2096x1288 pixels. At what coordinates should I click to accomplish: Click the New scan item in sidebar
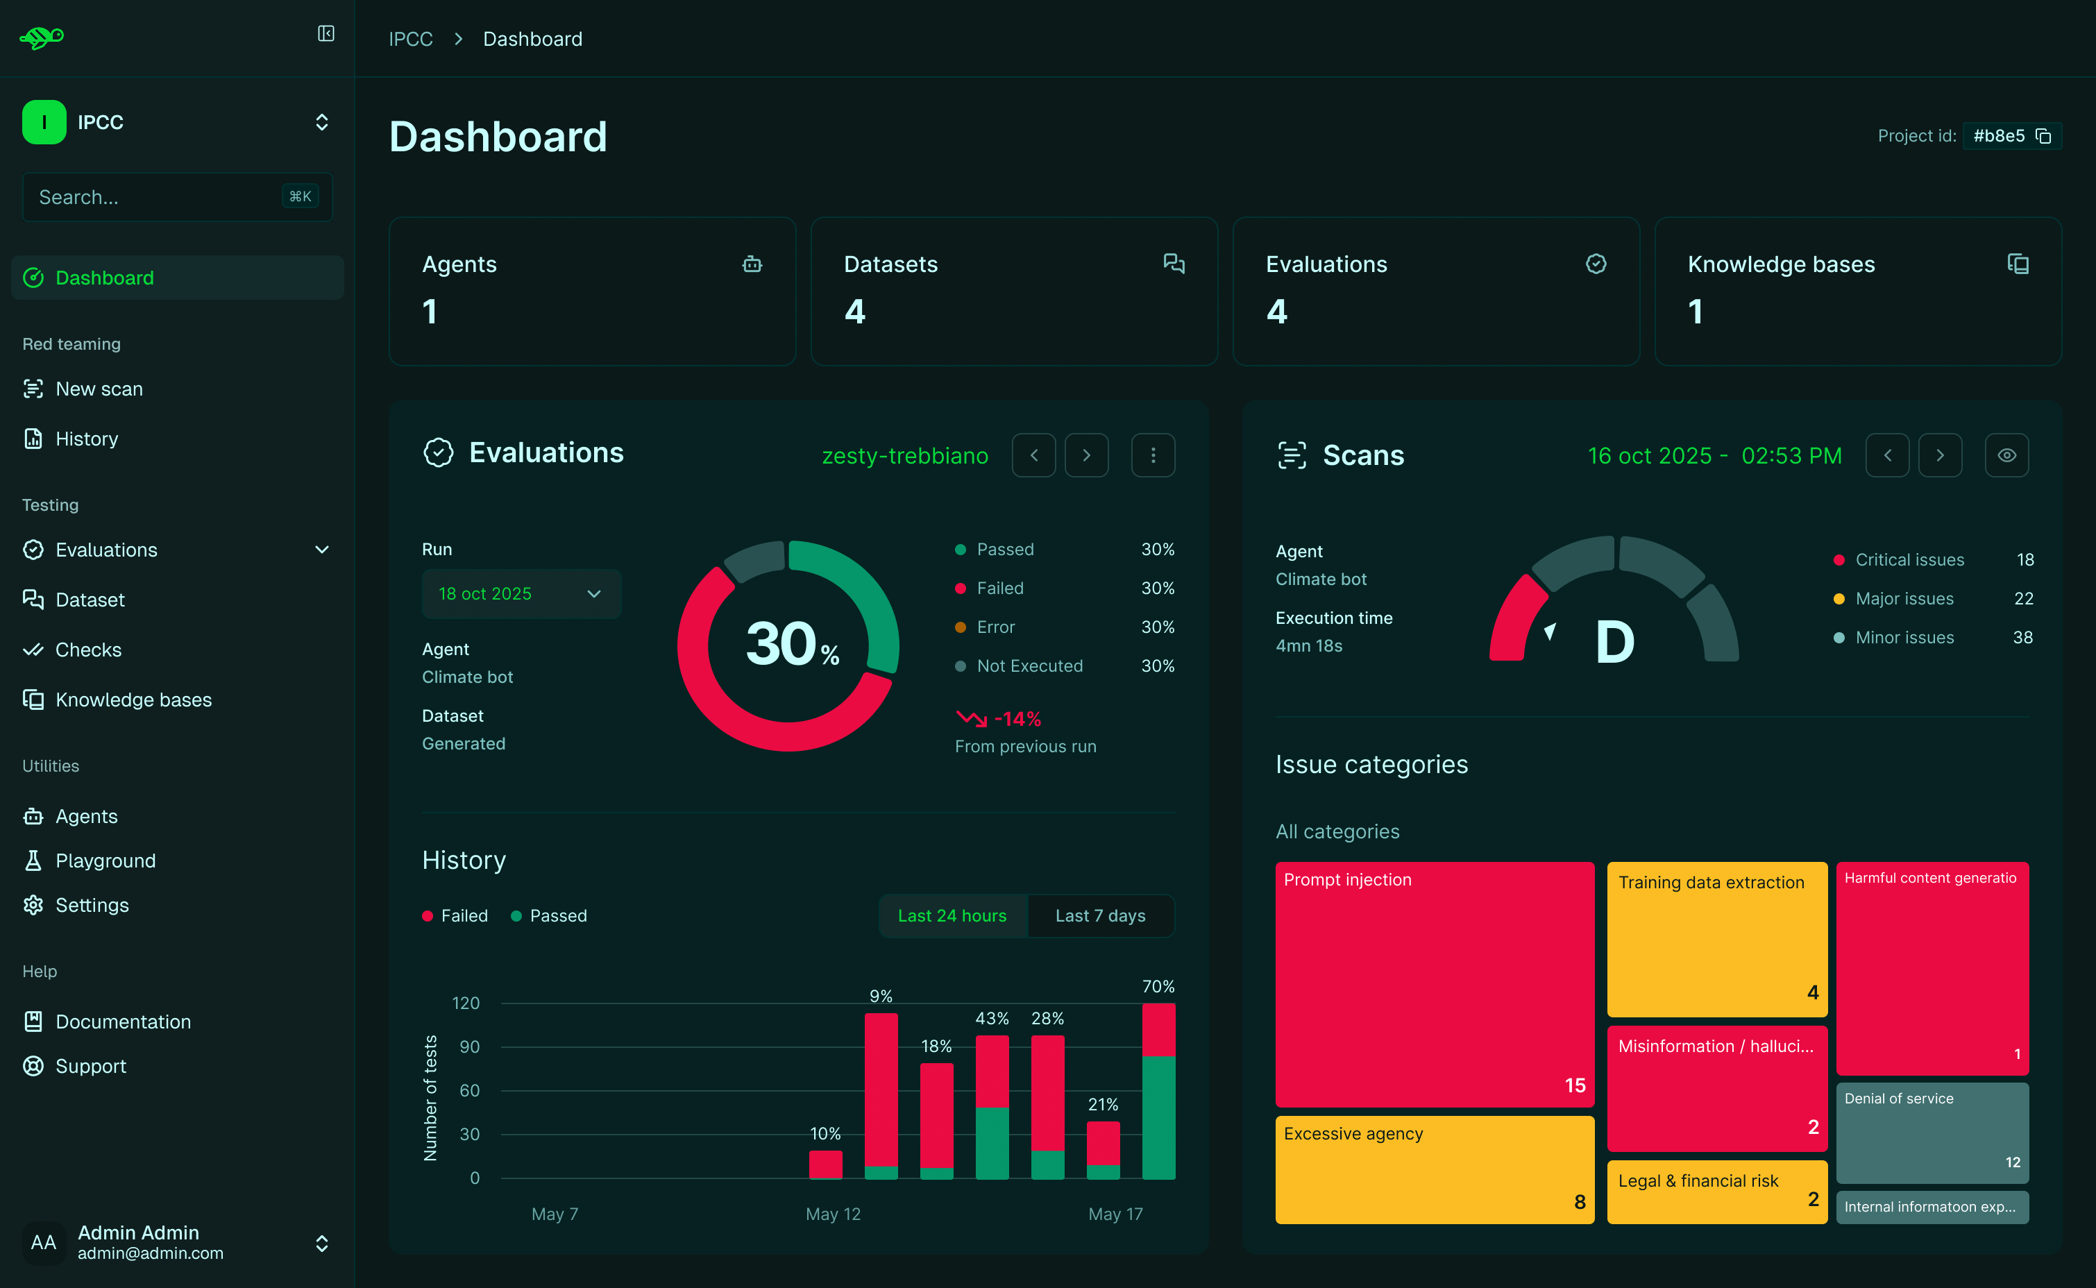pyautogui.click(x=99, y=389)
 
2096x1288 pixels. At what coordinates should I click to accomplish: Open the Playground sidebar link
pyautogui.click(x=105, y=861)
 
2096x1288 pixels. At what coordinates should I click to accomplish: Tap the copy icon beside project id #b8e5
pyautogui.click(x=2043, y=136)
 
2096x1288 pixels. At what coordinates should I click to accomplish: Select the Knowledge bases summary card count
pyautogui.click(x=1695, y=312)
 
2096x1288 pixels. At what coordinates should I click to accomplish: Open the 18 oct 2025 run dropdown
pyautogui.click(x=521, y=594)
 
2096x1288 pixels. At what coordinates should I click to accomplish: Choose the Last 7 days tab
pyautogui.click(x=1099, y=916)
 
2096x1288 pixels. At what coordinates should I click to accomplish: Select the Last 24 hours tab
pyautogui.click(x=952, y=916)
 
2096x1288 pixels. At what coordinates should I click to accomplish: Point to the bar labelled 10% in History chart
pyautogui.click(x=825, y=1164)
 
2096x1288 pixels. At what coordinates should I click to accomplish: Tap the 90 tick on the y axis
pyautogui.click(x=469, y=1047)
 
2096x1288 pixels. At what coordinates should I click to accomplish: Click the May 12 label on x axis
pyautogui.click(x=832, y=1214)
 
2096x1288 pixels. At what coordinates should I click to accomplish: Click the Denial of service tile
pyautogui.click(x=1932, y=1132)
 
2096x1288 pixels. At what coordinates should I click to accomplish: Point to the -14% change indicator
pyautogui.click(x=1016, y=719)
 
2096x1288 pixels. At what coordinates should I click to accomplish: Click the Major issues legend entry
pyautogui.click(x=1904, y=599)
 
